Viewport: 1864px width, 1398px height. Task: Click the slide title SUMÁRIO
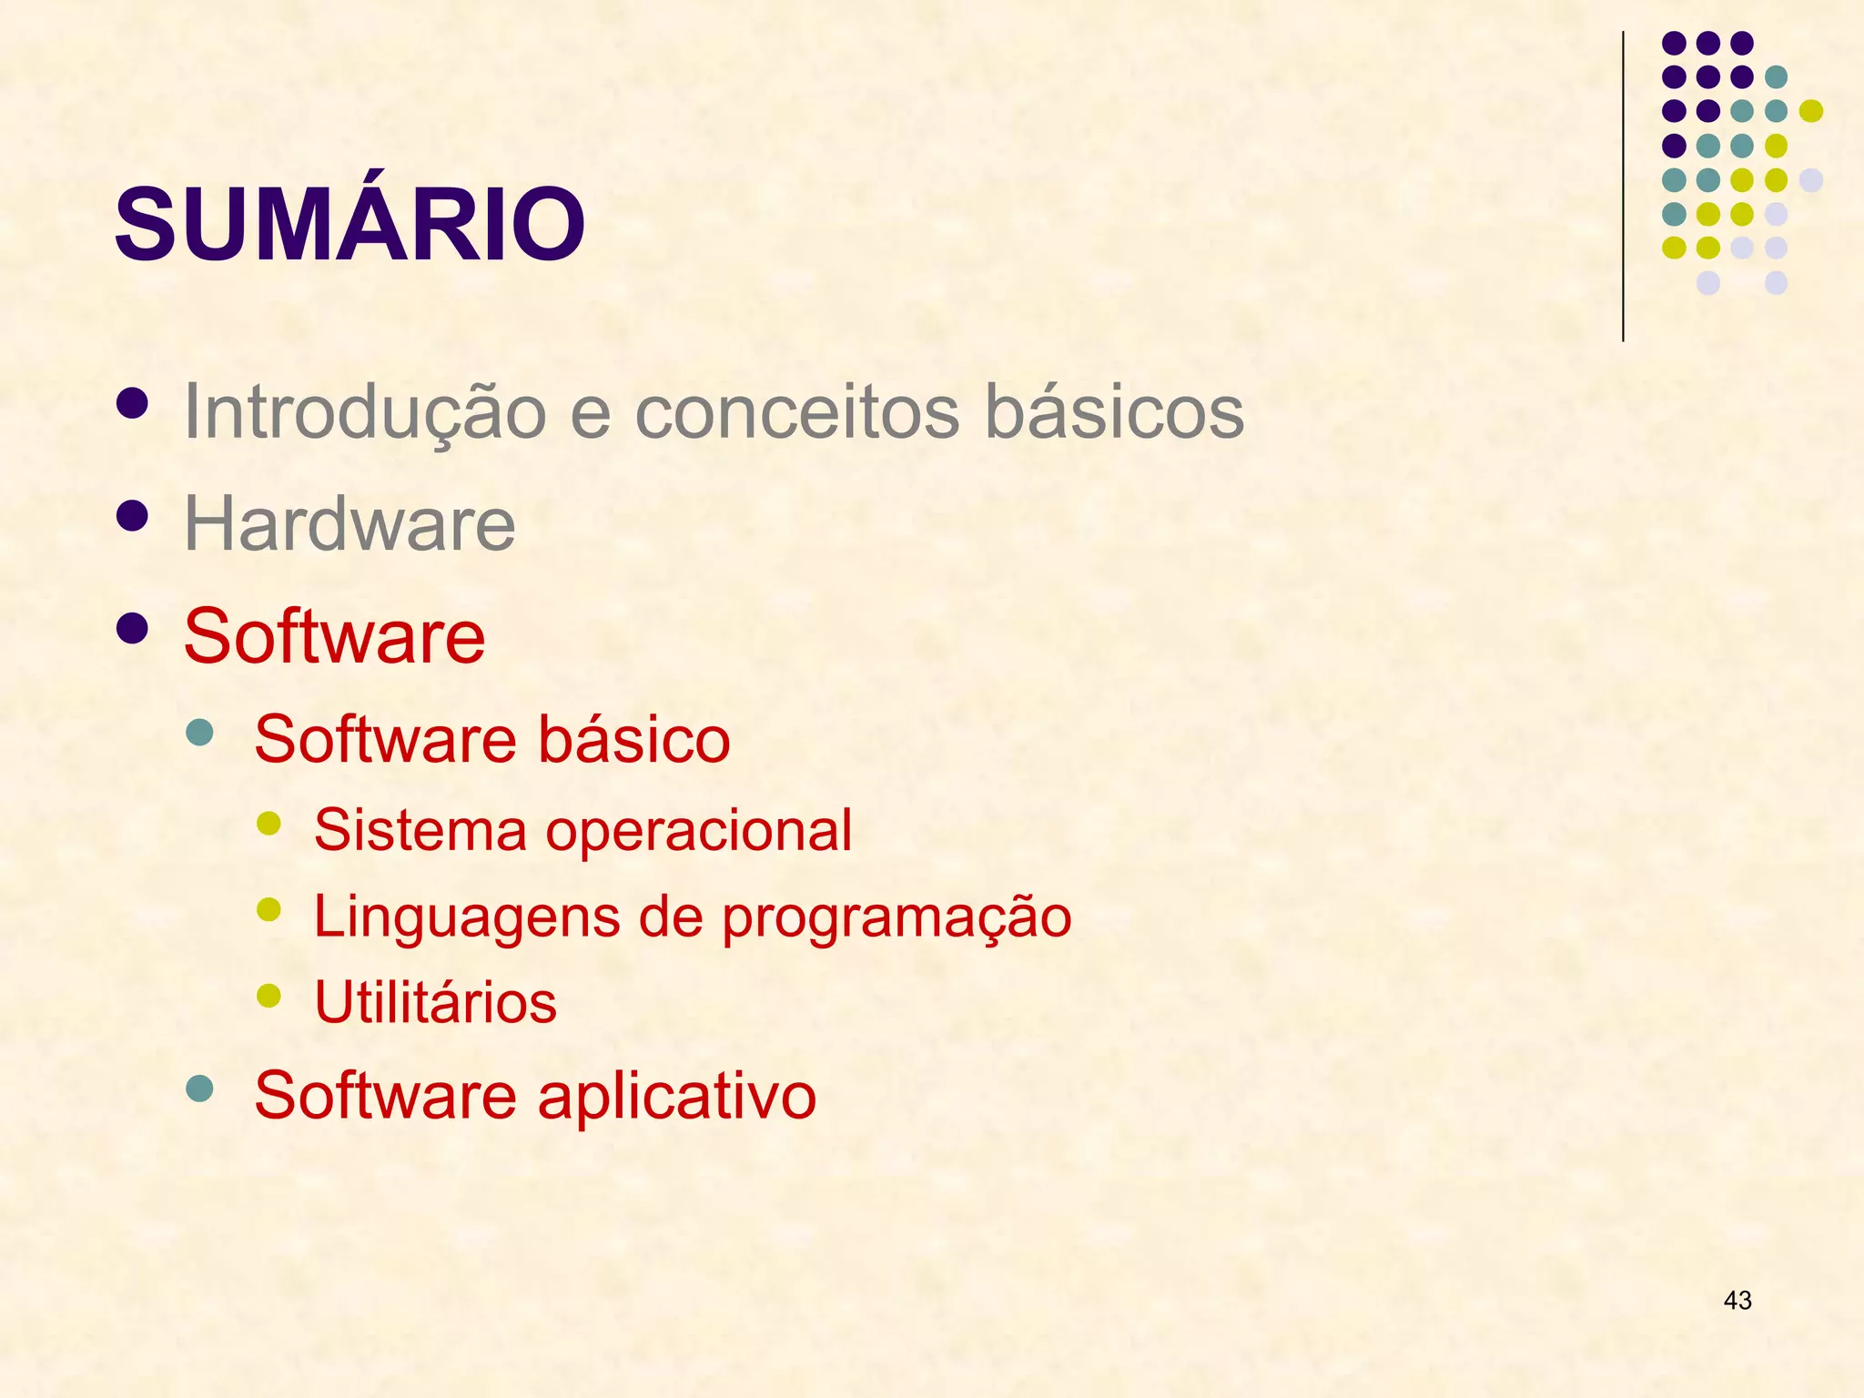(349, 223)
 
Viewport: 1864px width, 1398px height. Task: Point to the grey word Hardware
(349, 524)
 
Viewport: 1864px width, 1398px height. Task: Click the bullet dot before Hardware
(133, 516)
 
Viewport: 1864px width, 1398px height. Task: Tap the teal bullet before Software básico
(198, 732)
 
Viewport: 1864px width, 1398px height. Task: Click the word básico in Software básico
(633, 739)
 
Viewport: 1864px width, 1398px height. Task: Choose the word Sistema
(420, 830)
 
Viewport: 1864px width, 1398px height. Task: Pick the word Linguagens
(465, 917)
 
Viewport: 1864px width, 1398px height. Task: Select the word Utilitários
(435, 1002)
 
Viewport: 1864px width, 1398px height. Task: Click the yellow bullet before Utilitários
(268, 995)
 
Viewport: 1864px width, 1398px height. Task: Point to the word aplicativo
(676, 1096)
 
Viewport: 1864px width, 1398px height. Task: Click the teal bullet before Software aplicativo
(198, 1088)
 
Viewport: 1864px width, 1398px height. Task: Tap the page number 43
(1737, 1301)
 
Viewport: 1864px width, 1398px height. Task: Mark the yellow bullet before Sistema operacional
(268, 824)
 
